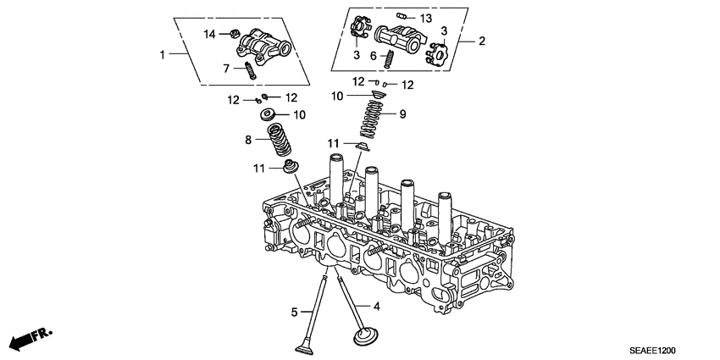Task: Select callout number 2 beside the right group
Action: point(482,40)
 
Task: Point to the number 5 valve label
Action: point(295,313)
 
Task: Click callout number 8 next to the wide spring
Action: point(248,140)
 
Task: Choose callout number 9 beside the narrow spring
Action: point(403,112)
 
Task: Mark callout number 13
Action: point(426,18)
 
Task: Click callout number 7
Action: point(226,68)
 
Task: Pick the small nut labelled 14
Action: point(230,34)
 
